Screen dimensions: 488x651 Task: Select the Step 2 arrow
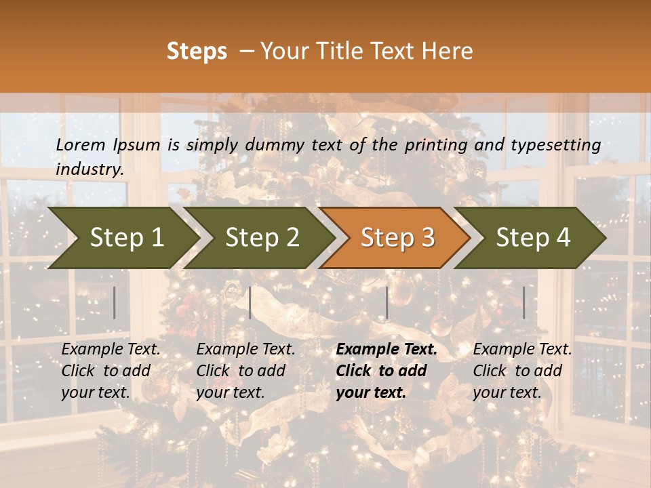point(262,238)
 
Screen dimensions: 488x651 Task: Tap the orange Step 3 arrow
point(397,238)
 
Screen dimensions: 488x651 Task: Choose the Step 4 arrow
point(533,238)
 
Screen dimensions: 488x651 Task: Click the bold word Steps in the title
point(197,52)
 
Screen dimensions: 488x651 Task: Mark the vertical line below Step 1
point(115,302)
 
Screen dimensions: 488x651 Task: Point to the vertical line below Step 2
point(250,302)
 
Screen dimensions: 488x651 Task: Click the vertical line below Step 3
point(387,302)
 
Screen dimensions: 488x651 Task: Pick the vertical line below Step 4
point(524,302)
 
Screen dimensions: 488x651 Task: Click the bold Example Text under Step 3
point(387,350)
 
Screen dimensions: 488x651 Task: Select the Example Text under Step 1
point(111,350)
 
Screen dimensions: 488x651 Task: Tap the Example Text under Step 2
point(245,350)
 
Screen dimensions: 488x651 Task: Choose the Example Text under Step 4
point(522,350)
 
